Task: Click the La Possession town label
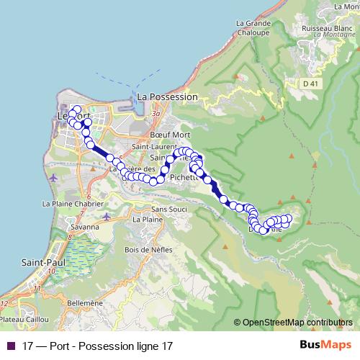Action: (x=166, y=96)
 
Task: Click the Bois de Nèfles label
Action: (x=146, y=250)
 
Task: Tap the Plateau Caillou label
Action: (x=25, y=318)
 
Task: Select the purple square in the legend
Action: (x=10, y=346)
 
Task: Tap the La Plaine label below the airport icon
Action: (x=143, y=219)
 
